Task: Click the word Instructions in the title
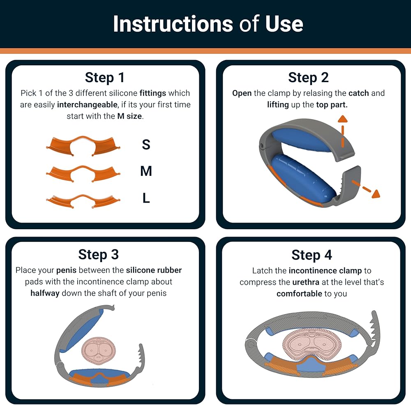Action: click(173, 24)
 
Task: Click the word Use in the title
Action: click(284, 24)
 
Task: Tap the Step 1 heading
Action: click(104, 78)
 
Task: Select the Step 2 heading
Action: click(308, 78)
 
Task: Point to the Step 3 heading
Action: click(98, 255)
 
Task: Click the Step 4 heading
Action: click(312, 255)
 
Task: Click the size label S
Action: click(146, 144)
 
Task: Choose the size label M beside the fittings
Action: click(146, 171)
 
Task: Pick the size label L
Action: click(146, 198)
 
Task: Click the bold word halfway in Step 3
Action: click(45, 293)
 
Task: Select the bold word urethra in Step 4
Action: click(306, 282)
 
